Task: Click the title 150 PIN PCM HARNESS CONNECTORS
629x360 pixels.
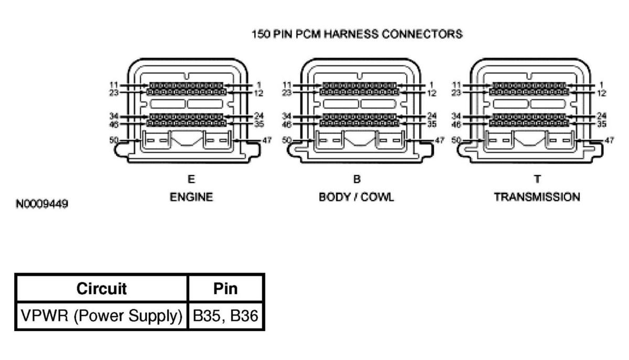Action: click(357, 35)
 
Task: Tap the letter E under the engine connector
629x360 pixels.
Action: click(191, 179)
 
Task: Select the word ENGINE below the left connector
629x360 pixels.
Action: click(191, 197)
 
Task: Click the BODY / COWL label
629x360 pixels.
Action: click(356, 197)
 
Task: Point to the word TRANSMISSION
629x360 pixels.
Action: click(537, 197)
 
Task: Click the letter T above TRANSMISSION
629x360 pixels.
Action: click(537, 179)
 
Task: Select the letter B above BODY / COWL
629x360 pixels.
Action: click(356, 179)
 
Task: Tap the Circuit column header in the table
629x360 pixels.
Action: click(101, 288)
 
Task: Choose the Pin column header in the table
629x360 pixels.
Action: click(226, 288)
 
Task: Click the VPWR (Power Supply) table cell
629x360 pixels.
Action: click(102, 315)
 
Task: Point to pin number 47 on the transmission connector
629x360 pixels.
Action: click(609, 140)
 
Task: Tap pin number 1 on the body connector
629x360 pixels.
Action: click(431, 84)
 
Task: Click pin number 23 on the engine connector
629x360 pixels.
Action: click(114, 92)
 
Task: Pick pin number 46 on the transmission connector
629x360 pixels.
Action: click(456, 124)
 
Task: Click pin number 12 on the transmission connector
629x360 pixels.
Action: click(601, 93)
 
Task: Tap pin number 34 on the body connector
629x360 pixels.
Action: click(286, 116)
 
